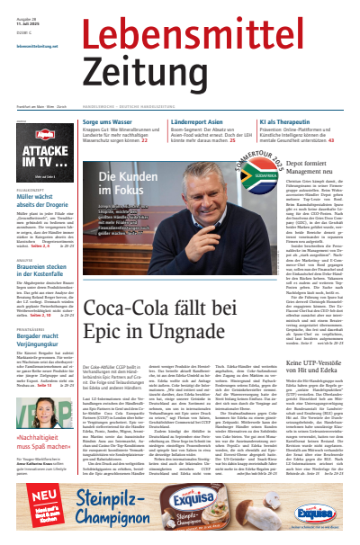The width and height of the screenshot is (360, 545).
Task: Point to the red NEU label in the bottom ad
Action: coord(26,507)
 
